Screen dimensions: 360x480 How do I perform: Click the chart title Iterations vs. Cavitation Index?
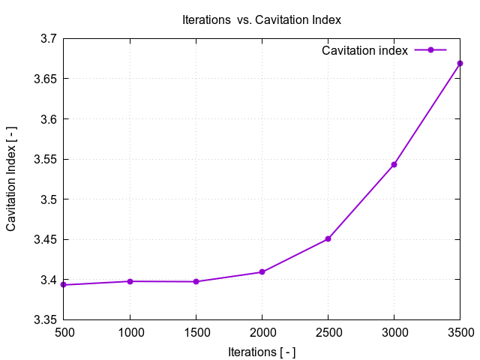(x=262, y=20)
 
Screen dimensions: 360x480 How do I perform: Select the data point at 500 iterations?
(x=64, y=285)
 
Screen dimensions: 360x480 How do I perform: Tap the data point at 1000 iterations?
(x=130, y=281)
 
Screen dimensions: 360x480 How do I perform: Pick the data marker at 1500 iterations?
(x=196, y=281)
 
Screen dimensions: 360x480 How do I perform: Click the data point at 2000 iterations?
(x=262, y=271)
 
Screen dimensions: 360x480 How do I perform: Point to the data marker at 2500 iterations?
(x=328, y=238)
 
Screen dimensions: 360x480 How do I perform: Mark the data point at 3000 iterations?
(x=394, y=164)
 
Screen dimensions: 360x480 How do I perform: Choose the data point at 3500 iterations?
(x=460, y=63)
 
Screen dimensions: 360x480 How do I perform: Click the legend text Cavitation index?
(x=364, y=51)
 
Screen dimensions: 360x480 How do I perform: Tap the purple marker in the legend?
(x=430, y=50)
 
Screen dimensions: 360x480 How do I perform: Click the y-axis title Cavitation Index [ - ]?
(x=12, y=178)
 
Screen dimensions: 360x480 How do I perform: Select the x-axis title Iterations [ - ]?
(x=262, y=351)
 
